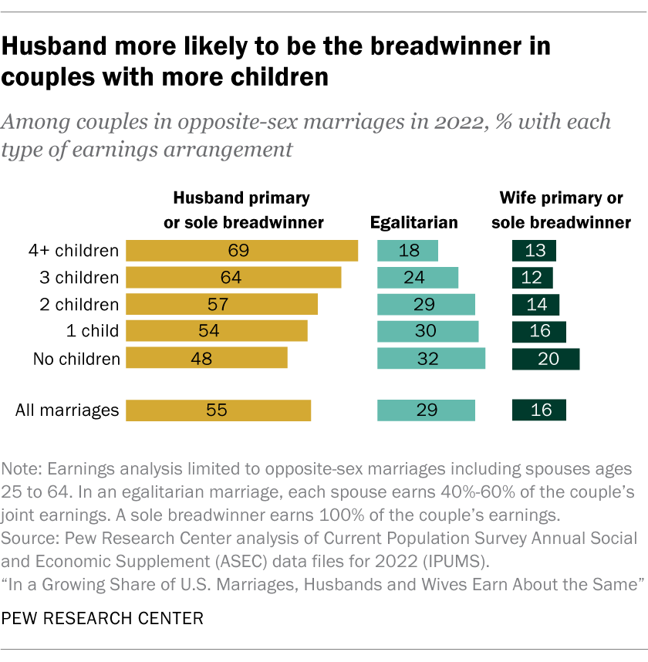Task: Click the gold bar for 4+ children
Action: [241, 251]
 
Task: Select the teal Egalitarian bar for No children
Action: [430, 358]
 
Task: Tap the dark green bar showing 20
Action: [545, 358]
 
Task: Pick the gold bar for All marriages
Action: [218, 410]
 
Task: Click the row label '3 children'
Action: [79, 278]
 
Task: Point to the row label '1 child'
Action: [93, 331]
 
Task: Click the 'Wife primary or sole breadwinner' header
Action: [561, 211]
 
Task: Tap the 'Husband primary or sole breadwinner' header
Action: [241, 211]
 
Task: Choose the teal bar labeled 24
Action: [417, 278]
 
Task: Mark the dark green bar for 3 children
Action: [532, 278]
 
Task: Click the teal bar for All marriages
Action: [426, 410]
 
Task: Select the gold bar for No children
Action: [206, 358]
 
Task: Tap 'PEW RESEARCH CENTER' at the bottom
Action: [103, 618]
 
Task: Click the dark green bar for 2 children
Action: [535, 304]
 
